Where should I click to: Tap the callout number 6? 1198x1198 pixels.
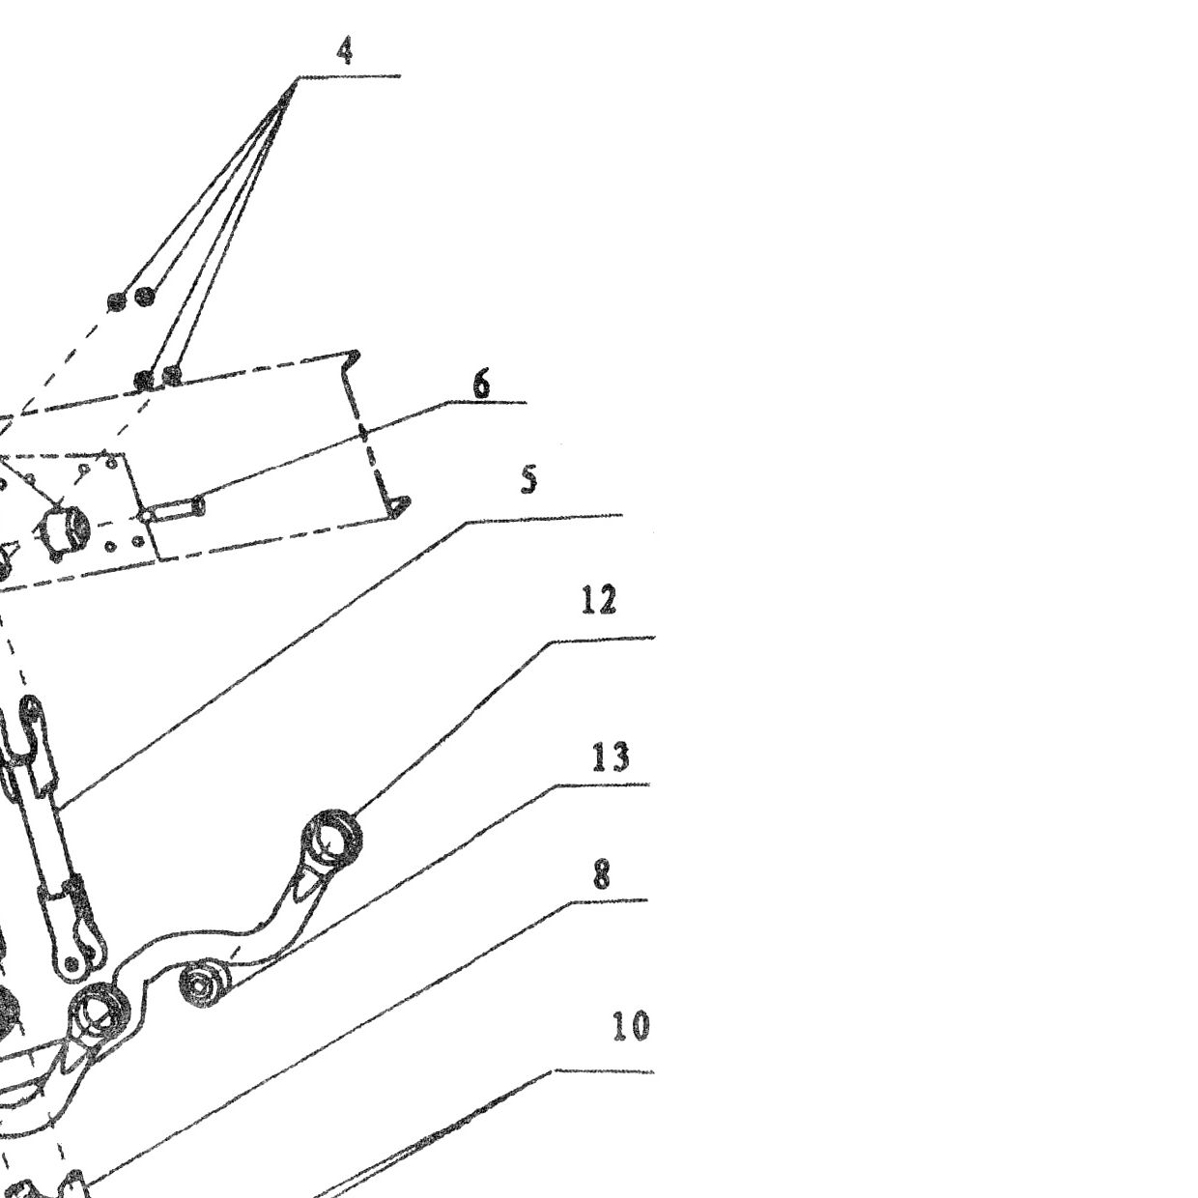(x=482, y=384)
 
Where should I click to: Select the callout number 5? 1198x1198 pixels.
(x=528, y=480)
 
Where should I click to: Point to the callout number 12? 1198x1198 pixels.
(x=599, y=601)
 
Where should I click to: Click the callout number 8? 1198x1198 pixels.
(x=601, y=875)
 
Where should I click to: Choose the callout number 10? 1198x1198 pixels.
(x=631, y=1026)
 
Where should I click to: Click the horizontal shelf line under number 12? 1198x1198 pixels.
(x=603, y=639)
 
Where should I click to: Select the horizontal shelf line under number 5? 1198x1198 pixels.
(x=545, y=518)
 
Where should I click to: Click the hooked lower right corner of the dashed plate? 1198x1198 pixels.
(x=397, y=505)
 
